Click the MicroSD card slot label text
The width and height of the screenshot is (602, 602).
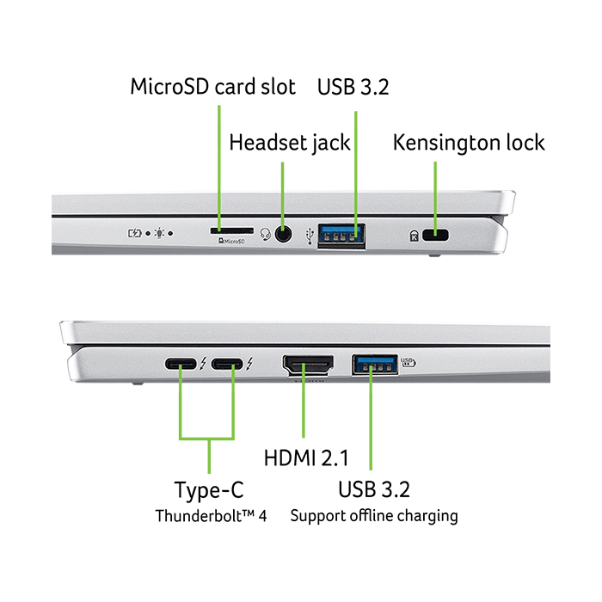click(x=212, y=87)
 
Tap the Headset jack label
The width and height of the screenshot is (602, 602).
click(x=290, y=142)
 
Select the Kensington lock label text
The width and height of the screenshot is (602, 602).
click(x=469, y=142)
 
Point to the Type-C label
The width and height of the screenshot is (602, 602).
click(x=209, y=490)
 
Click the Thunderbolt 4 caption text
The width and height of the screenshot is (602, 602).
click(x=212, y=516)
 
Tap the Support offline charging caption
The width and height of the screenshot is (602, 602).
click(x=374, y=516)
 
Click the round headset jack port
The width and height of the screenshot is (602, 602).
click(x=283, y=232)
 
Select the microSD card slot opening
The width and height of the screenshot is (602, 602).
click(x=230, y=231)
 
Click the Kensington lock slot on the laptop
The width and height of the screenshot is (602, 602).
click(x=440, y=234)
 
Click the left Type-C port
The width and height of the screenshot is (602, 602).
click(x=181, y=365)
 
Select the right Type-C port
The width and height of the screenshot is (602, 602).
click(x=226, y=365)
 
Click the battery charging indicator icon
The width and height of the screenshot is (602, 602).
click(x=136, y=232)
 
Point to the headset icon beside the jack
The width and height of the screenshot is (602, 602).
click(x=265, y=233)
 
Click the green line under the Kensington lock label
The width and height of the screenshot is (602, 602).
click(x=436, y=185)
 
